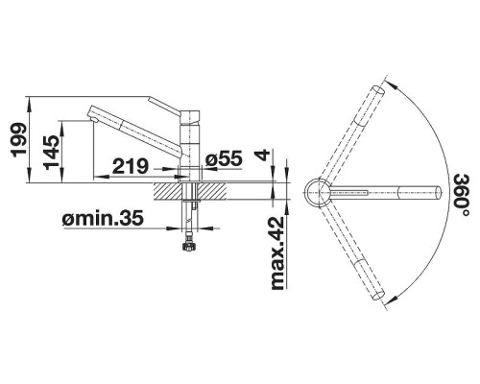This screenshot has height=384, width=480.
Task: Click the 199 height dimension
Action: point(18,139)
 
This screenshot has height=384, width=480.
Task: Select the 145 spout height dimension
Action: point(51,153)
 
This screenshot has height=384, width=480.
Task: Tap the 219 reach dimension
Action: point(131,166)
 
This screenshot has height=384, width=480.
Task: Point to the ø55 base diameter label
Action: point(224,158)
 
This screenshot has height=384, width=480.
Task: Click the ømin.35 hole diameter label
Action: point(103,218)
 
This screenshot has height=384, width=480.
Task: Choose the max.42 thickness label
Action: point(277,253)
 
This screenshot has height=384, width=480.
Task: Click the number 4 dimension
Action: point(263,156)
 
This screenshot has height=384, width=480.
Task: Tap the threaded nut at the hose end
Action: point(188,247)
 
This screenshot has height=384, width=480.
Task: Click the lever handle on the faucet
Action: point(164,106)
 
